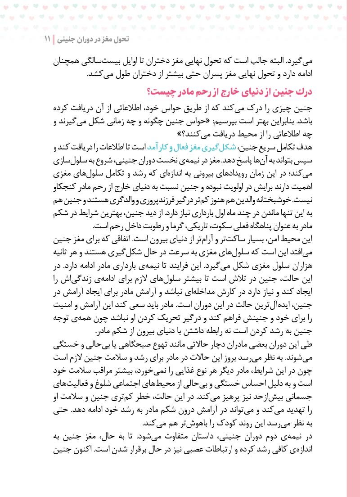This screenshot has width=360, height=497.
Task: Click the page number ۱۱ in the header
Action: pos(47,39)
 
